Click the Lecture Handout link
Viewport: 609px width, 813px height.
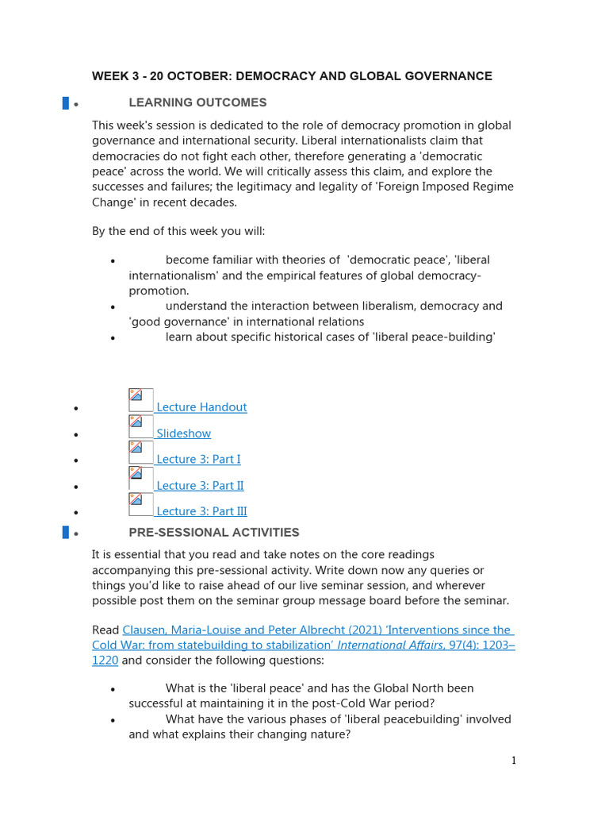[201, 407]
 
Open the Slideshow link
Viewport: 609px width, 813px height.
[183, 433]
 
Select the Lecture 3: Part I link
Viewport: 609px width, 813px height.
[198, 459]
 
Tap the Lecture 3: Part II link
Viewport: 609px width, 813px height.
[200, 485]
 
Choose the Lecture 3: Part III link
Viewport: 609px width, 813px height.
[201, 511]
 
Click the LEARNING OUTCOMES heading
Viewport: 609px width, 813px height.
[197, 102]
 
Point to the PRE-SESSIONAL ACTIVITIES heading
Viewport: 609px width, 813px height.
[214, 533]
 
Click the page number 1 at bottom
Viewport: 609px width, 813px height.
[513, 761]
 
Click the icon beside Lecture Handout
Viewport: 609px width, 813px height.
[140, 400]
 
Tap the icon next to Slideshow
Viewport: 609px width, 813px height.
[140, 426]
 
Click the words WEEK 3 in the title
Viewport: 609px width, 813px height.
[114, 76]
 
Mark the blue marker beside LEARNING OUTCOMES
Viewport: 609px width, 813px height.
[66, 102]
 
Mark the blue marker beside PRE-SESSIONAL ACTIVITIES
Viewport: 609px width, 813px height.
[66, 533]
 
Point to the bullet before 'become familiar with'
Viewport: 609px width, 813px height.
[113, 261]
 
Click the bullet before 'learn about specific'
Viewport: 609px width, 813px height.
[113, 338]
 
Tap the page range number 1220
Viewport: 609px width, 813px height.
[105, 661]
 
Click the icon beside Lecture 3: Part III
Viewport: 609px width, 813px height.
[140, 504]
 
